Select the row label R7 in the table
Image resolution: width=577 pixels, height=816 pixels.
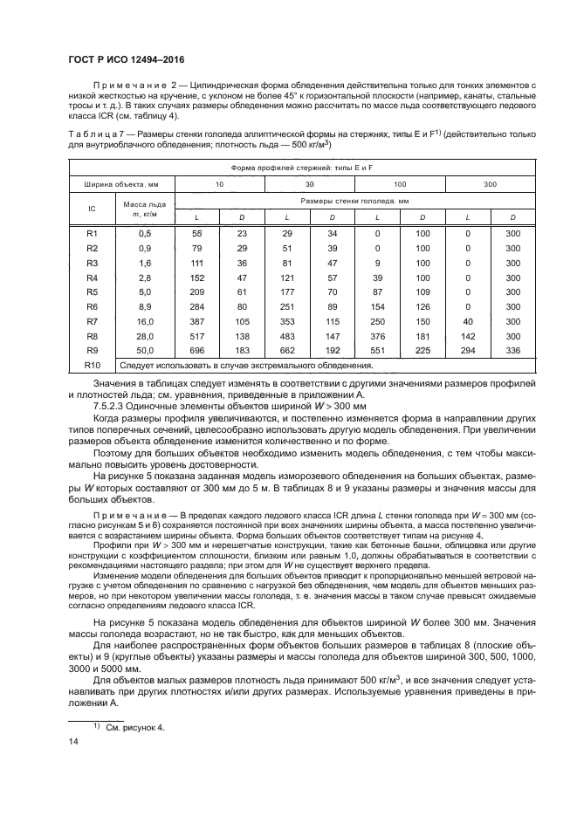tap(93, 322)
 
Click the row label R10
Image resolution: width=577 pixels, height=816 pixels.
tap(93, 364)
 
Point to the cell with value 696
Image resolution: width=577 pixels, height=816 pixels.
tap(196, 350)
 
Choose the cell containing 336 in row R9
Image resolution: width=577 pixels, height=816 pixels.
tap(513, 350)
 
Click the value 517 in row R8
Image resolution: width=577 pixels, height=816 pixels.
tap(196, 336)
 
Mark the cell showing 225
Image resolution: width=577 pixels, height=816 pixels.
tap(422, 350)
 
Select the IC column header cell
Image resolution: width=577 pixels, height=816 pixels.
tap(93, 209)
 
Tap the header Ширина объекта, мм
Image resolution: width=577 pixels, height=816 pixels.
tap(122, 184)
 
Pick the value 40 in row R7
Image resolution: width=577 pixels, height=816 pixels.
tap(468, 322)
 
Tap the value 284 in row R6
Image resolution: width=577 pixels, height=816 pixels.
tap(196, 307)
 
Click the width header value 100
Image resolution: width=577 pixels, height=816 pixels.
tap(400, 184)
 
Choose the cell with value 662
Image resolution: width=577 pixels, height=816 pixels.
tap(287, 350)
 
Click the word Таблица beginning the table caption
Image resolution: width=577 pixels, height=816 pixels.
tap(90, 134)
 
